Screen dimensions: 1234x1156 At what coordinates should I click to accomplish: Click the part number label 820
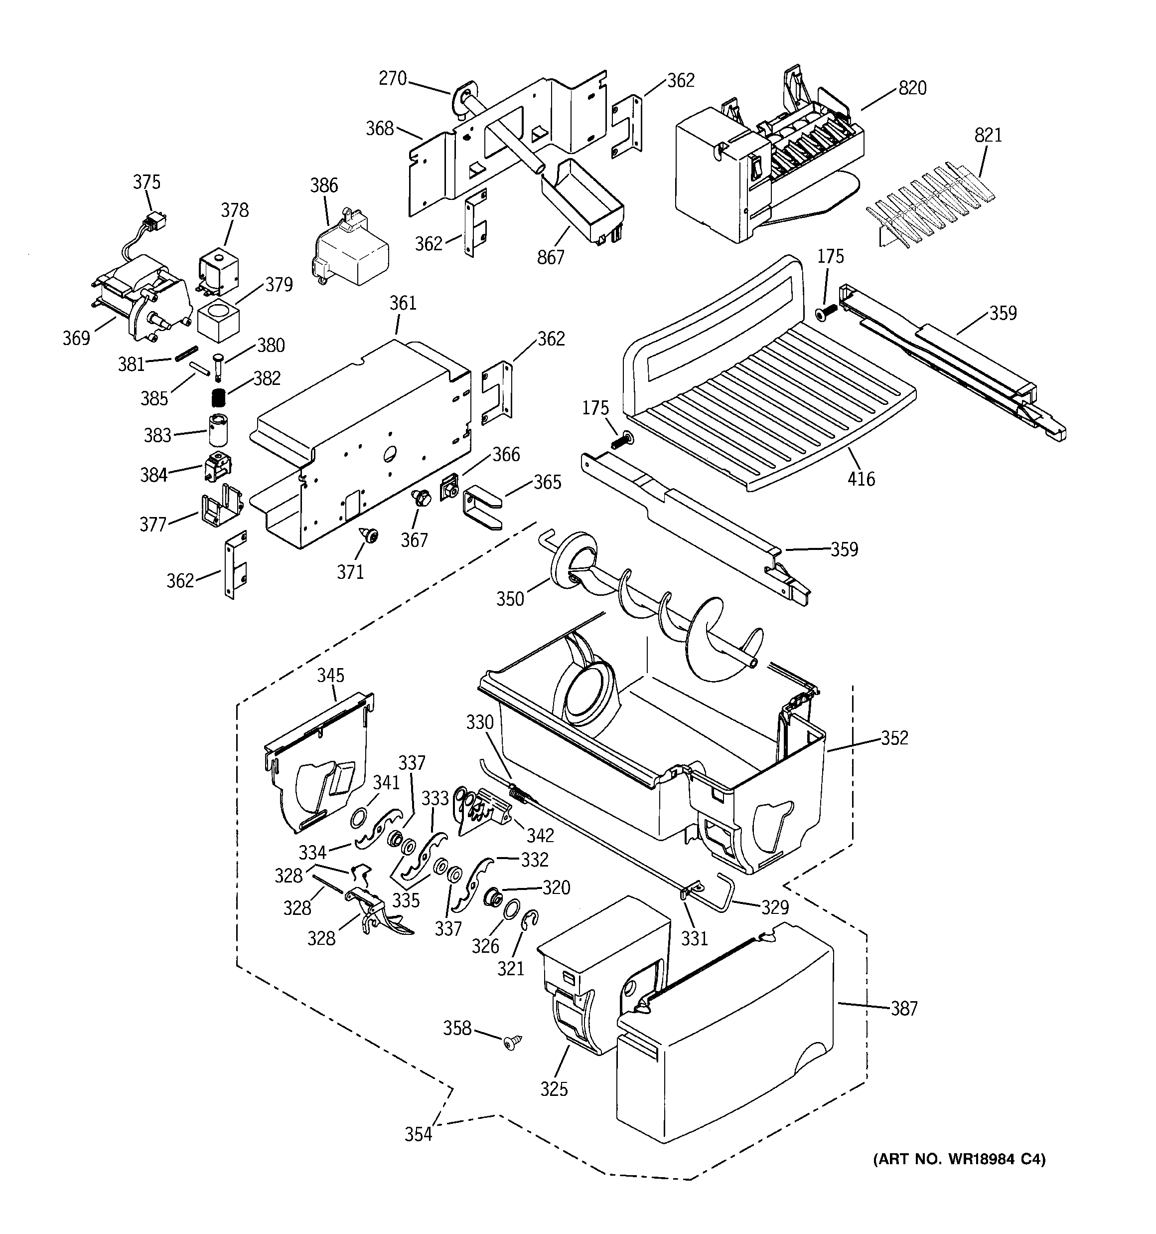coord(912,88)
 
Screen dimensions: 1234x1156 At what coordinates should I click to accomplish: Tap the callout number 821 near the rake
coord(988,135)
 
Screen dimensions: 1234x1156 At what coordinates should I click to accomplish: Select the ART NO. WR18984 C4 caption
coord(959,1159)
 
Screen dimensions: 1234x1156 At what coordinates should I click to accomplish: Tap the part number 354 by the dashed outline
coord(418,1134)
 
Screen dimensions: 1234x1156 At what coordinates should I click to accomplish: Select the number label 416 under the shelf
coord(861,479)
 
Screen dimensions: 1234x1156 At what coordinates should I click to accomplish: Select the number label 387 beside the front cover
coord(903,1008)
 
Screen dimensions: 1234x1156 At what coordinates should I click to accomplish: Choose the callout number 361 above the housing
coord(403,303)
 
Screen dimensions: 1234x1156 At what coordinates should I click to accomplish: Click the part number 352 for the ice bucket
coord(894,737)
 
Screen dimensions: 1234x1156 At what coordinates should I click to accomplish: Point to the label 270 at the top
coord(392,78)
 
